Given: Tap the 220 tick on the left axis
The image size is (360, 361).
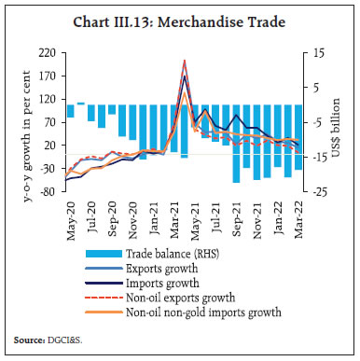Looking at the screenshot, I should click(46, 53).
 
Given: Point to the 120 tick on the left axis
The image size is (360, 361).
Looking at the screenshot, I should click(46, 98).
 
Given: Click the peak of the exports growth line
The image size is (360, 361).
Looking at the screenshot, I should click(185, 60).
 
